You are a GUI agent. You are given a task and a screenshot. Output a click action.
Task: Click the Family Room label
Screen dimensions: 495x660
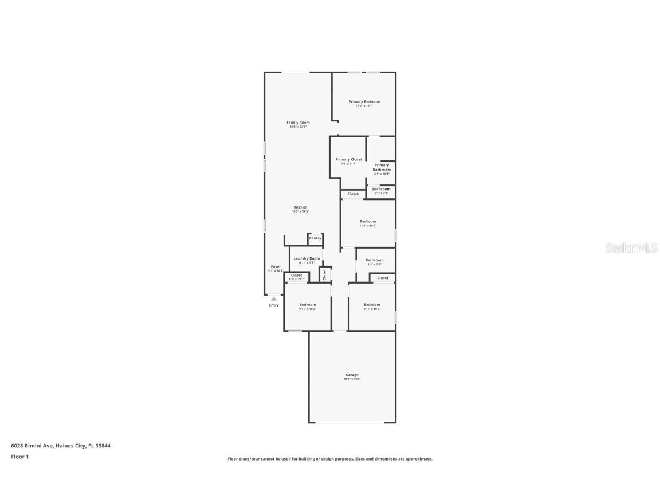point(298,123)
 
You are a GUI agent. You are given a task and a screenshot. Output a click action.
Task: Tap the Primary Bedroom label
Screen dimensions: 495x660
point(364,102)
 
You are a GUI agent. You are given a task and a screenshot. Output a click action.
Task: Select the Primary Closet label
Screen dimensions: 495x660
point(348,160)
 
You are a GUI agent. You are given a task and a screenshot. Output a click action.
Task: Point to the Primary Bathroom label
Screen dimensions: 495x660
point(382,167)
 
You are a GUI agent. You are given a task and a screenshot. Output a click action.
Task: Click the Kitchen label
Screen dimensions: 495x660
point(300,207)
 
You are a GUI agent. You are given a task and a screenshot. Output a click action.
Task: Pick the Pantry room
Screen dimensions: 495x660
point(315,238)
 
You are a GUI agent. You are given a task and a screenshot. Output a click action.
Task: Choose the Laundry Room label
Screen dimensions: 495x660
point(307,259)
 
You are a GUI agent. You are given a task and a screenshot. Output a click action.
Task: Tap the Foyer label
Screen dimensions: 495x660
point(276,267)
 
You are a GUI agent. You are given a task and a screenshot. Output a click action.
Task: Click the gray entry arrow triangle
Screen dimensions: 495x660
point(274,298)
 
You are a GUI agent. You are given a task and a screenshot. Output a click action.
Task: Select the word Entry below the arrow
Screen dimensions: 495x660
point(274,305)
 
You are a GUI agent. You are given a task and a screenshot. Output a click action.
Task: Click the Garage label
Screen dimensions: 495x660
point(352,375)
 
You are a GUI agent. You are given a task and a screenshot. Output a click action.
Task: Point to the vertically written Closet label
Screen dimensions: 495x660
point(324,274)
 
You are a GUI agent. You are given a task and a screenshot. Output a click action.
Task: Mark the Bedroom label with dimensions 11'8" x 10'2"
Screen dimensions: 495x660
point(368,222)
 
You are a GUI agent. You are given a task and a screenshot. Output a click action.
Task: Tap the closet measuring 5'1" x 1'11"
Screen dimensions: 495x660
point(296,276)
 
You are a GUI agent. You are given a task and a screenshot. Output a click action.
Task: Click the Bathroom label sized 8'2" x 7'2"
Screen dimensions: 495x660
point(374,261)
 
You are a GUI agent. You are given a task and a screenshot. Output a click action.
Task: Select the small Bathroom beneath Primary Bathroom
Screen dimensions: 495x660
point(381,190)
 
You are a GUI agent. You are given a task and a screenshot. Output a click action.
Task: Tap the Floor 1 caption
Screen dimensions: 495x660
point(19,457)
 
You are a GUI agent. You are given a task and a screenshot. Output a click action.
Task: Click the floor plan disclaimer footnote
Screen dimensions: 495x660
point(330,459)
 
